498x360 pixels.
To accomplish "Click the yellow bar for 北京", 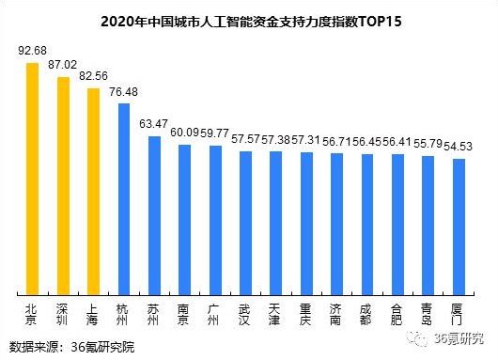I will click(33, 179).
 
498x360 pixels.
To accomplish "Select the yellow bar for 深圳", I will click(63, 185).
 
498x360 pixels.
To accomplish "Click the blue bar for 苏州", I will click(154, 215).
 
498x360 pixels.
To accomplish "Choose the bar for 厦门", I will click(459, 227).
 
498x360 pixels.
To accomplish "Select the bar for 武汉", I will click(245, 223).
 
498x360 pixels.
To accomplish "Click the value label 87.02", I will click(64, 67).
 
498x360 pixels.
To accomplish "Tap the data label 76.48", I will click(124, 92).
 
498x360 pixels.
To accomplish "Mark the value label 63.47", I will click(154, 123).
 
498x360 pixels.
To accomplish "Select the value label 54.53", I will click(459, 146).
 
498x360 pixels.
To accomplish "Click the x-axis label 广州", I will click(215, 313).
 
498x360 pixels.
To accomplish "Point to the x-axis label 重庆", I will click(306, 313).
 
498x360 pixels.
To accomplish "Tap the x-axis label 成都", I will click(367, 313).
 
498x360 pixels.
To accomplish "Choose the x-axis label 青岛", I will click(428, 313).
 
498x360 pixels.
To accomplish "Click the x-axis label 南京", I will click(184, 313).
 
